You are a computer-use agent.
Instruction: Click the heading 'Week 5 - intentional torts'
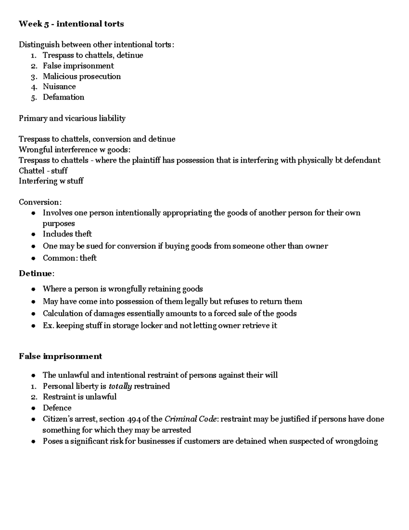coord(71,24)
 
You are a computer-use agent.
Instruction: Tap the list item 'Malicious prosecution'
coord(81,76)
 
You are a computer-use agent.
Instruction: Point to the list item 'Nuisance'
coord(59,87)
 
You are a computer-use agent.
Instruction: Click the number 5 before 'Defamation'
coord(33,97)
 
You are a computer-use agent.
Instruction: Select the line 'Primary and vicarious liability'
coord(72,118)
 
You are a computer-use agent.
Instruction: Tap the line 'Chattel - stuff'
coord(43,171)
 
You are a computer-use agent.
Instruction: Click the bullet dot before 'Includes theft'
coord(33,234)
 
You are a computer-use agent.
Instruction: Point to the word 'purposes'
coord(59,224)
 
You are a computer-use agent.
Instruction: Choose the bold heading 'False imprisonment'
coord(60,356)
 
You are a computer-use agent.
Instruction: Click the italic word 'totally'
coord(120,386)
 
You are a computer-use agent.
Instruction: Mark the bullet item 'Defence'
coord(57,408)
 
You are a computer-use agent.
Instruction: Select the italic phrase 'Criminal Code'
coord(190,419)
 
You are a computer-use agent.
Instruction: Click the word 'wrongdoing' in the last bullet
coord(356,441)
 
